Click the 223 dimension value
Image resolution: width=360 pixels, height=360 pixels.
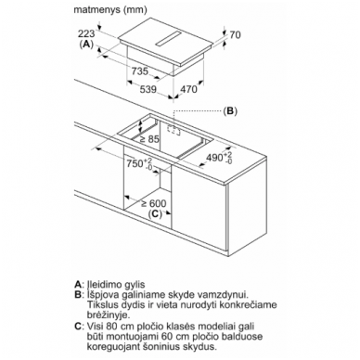[86, 33]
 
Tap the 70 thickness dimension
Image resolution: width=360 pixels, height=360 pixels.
[235, 35]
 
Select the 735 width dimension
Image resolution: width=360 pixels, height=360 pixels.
[140, 71]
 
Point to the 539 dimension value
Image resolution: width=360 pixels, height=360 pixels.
[148, 90]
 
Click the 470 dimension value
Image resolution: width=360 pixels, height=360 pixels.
[188, 89]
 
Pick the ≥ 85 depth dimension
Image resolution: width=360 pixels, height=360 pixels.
[149, 139]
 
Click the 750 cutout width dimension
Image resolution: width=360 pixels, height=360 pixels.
[139, 163]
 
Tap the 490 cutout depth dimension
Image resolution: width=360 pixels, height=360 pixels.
[219, 157]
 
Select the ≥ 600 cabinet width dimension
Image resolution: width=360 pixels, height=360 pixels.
[154, 203]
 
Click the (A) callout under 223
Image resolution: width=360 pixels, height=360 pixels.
[86, 45]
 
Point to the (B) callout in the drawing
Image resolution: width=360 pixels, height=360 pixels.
[230, 111]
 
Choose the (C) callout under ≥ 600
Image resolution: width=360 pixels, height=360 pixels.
[155, 213]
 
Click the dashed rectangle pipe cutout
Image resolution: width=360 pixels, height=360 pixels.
[174, 131]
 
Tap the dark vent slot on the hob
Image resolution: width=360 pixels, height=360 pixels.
[168, 39]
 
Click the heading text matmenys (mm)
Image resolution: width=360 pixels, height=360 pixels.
[110, 10]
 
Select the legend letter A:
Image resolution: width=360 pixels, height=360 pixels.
[79, 284]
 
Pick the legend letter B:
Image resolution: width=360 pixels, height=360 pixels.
[79, 295]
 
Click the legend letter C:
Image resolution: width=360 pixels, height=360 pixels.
[79, 326]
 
